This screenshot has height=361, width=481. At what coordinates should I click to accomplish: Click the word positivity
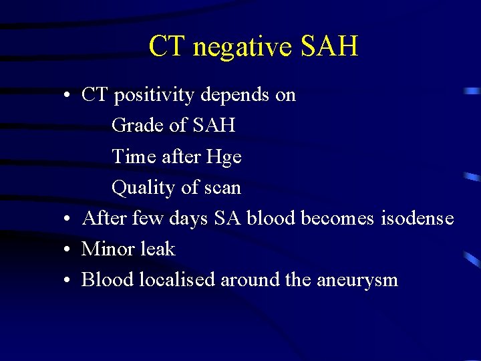155,96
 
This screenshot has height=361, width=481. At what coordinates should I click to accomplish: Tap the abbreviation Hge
224,157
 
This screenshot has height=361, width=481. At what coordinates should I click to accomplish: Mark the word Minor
107,249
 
